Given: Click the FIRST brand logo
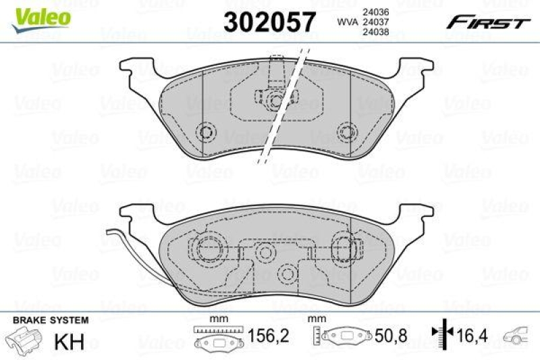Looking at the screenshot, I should pos(486,23).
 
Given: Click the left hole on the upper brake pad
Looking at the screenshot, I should pos(205,131).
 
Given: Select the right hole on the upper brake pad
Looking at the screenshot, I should pos(348,131).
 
